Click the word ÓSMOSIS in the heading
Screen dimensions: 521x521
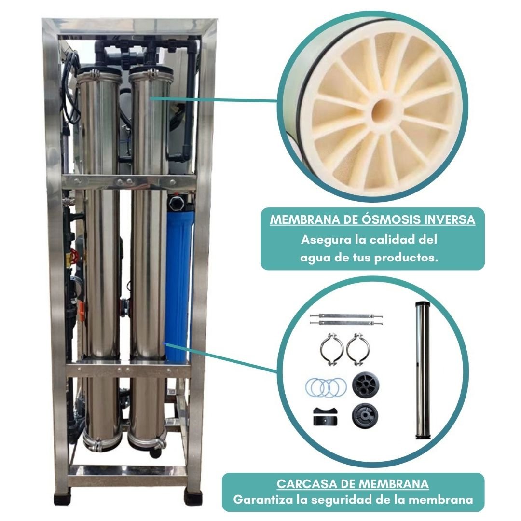[x=380, y=219]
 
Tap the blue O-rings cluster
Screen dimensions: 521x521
[x=326, y=387]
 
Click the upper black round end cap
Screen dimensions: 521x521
[x=366, y=385]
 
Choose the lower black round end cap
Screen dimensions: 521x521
[x=365, y=415]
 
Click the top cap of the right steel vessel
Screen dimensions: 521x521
[x=151, y=72]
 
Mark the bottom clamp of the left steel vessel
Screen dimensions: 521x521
[x=102, y=442]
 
